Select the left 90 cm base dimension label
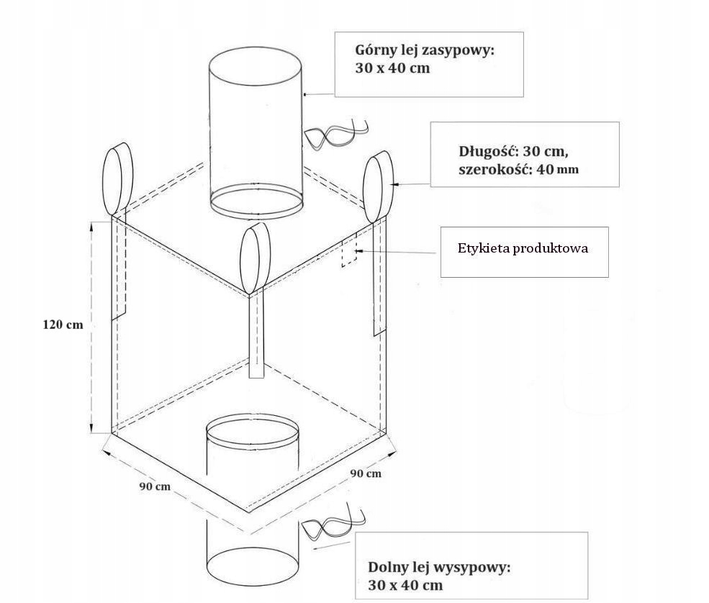pyautogui.click(x=154, y=486)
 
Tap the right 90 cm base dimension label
pyautogui.click(x=366, y=473)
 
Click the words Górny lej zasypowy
pyautogui.click(x=424, y=50)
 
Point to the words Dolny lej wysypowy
pyautogui.click(x=438, y=567)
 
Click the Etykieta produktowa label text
pyautogui.click(x=523, y=248)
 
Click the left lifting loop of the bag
pyautogui.click(x=119, y=179)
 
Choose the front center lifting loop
pyautogui.click(x=254, y=258)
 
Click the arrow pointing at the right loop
pyautogui.click(x=410, y=185)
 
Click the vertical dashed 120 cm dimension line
pyautogui.click(x=91, y=327)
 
